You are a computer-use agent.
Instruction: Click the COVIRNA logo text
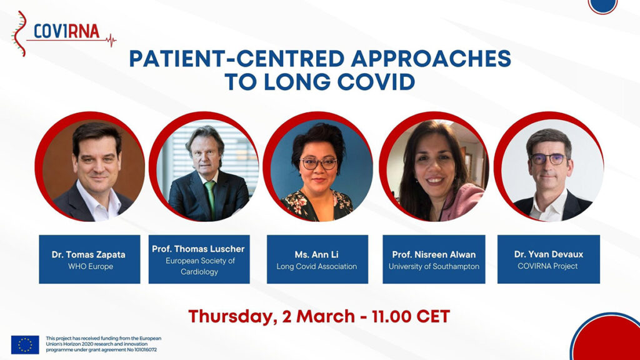(66, 31)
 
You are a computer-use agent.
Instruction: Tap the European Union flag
(25, 344)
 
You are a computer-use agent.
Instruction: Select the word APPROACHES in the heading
(431, 58)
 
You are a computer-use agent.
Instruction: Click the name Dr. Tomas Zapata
(89, 255)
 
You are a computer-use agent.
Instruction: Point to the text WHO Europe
(91, 266)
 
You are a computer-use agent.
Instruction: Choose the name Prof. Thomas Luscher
(198, 249)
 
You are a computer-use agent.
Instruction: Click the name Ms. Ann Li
(317, 255)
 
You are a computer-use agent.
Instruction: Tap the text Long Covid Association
(317, 266)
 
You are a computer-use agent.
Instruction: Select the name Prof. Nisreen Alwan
(434, 255)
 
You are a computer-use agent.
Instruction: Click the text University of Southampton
(434, 266)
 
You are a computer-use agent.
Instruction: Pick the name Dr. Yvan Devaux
(549, 254)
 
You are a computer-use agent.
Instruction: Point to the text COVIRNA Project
(547, 266)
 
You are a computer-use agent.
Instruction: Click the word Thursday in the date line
(231, 317)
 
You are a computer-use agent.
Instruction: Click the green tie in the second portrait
(210, 200)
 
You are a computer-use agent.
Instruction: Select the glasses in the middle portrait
(319, 163)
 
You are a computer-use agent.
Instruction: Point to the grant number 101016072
(143, 350)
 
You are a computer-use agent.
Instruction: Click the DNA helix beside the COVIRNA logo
(19, 34)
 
